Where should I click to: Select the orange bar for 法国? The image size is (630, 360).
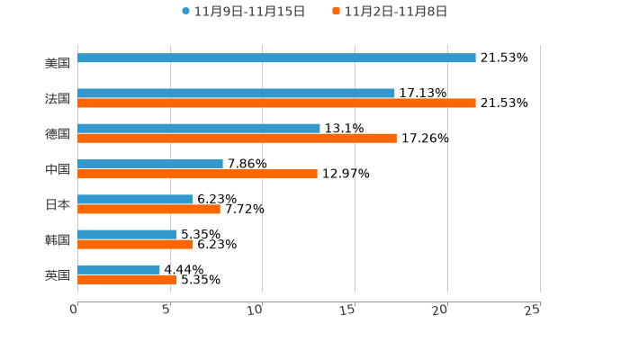276,103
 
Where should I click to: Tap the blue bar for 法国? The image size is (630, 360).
236,94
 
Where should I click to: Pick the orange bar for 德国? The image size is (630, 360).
237,139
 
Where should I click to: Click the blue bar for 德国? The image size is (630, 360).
199,129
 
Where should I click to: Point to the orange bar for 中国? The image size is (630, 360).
197,174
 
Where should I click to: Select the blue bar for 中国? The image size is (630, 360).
150,164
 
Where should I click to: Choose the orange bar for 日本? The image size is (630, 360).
148,209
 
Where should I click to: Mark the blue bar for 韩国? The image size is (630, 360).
127,234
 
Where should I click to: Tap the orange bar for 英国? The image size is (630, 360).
127,280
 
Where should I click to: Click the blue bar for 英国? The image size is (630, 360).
119,270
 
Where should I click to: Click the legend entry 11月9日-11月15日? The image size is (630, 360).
243,12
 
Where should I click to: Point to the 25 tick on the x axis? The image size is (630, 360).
532,310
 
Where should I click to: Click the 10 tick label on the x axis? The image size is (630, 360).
255,310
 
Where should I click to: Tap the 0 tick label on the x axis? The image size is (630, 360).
74,310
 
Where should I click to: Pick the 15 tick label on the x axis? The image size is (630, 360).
347,310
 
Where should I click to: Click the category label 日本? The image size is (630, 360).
58,204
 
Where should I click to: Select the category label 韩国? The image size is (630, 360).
58,239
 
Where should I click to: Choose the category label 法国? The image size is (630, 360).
58,98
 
